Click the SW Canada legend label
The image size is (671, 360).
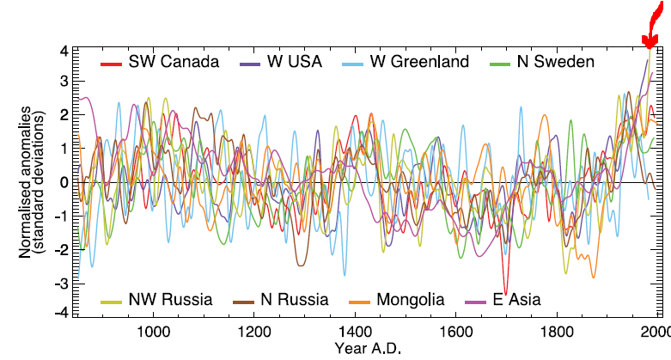174,62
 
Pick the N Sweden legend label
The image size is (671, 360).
555,62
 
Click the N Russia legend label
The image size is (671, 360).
295,300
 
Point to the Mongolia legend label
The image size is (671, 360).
409,300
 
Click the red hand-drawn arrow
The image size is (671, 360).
655,26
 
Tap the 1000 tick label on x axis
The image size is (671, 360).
152,332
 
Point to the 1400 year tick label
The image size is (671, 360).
354,332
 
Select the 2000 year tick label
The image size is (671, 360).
656,332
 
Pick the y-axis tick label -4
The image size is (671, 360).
60,313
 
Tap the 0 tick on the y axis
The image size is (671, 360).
63,182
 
